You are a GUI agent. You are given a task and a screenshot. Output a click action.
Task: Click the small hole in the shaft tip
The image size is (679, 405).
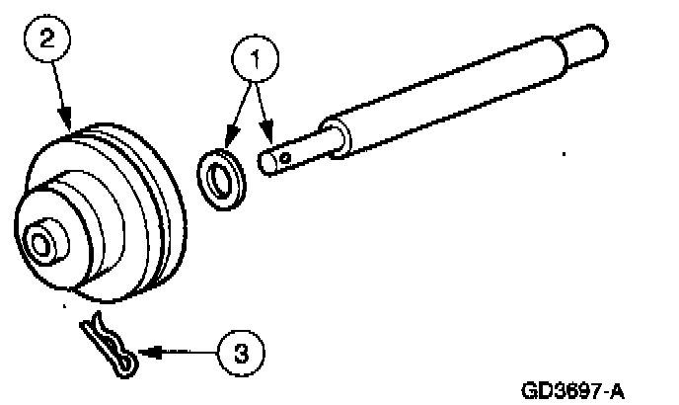[x=283, y=155]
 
